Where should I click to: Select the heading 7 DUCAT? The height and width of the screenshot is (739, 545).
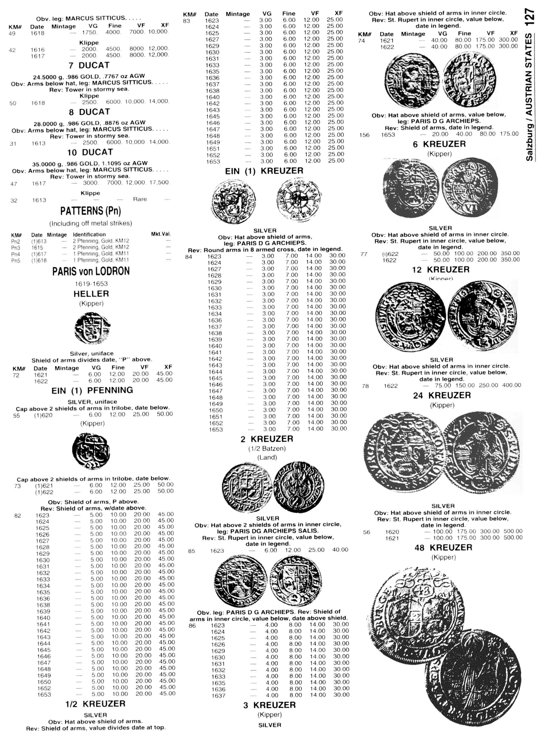point(89,65)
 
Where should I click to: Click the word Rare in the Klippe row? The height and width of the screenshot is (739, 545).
point(140,199)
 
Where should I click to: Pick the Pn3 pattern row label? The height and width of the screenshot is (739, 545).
point(16,247)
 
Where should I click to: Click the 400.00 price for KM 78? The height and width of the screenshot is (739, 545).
point(512,385)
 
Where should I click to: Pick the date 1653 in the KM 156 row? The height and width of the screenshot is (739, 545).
point(388,135)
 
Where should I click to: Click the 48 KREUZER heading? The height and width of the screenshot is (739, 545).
point(443,548)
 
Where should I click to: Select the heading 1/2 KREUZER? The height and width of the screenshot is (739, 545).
point(95,704)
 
